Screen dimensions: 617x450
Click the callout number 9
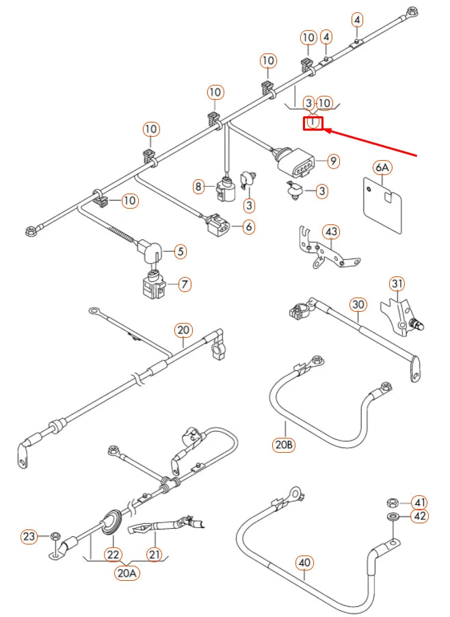point(333,161)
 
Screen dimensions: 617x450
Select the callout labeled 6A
point(382,168)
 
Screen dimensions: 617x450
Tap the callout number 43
point(331,233)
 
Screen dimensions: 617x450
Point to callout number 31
point(397,283)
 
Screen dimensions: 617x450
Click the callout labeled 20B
point(284,445)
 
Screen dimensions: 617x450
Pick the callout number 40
point(305,563)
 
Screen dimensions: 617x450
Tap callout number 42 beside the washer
point(419,517)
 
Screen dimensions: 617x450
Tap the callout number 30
point(358,304)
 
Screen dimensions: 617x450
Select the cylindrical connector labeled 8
point(225,189)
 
